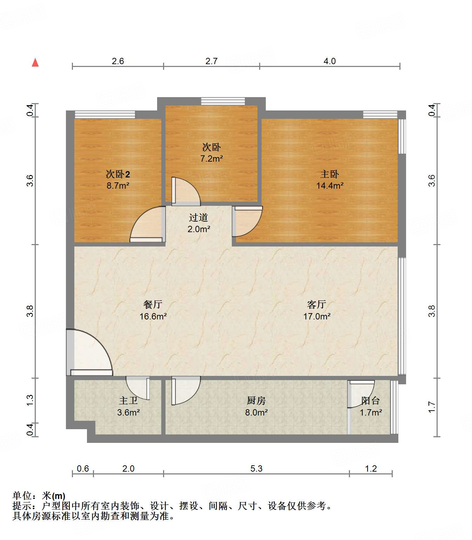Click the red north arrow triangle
pos(35,62)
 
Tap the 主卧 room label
pos(329,174)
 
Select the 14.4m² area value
pos(330,185)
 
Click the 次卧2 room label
pos(118,174)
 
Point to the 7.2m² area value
pos(212,158)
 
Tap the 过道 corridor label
pos(198,217)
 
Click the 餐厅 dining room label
pos(153,304)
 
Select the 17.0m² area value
pos(317,316)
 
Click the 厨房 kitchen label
pos(256,400)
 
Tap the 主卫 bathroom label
pos(128,400)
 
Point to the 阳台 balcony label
pos(371,400)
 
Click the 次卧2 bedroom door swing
pos(147,224)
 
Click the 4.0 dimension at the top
pos(330,61)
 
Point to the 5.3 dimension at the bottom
pos(256,469)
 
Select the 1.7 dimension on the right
pos(432,407)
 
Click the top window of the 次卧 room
pos(223,101)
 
